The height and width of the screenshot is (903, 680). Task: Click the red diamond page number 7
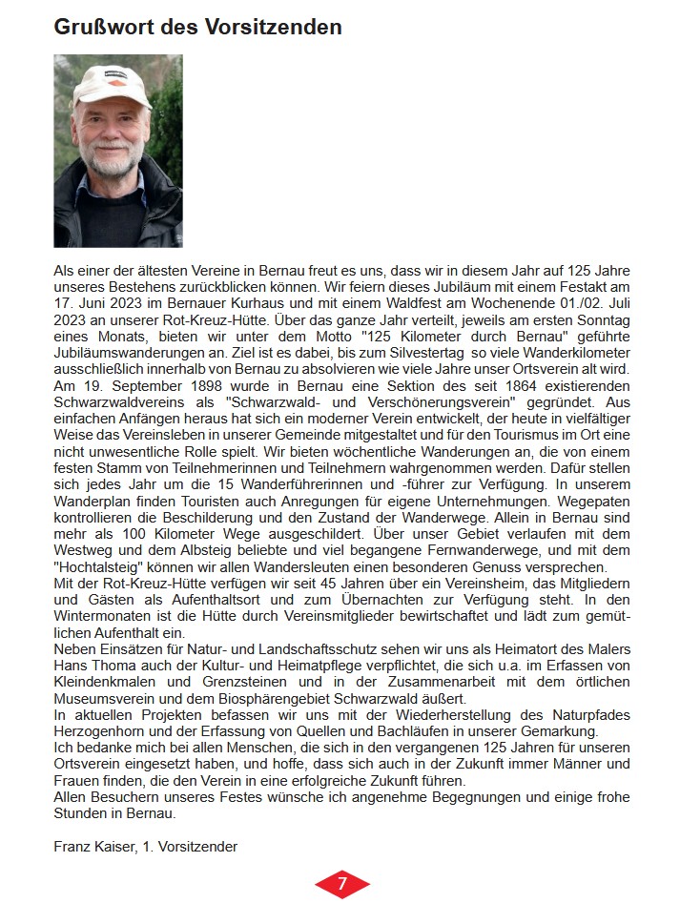[x=340, y=884]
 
